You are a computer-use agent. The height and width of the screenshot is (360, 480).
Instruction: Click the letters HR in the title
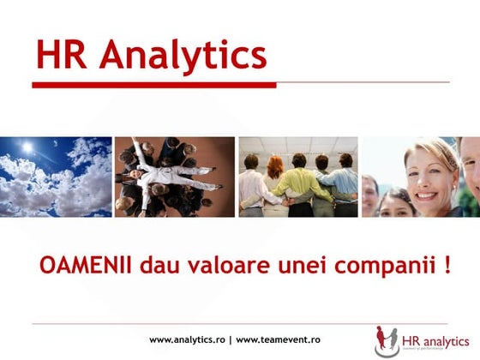(62, 56)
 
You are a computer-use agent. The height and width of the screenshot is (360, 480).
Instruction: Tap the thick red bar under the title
(154, 85)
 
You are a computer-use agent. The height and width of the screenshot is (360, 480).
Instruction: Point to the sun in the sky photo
(27, 147)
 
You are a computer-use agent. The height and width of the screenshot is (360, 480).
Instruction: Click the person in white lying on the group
(168, 176)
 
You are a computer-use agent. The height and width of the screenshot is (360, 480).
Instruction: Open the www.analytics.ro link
(187, 339)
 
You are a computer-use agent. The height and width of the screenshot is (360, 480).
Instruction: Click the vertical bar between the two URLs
(230, 339)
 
